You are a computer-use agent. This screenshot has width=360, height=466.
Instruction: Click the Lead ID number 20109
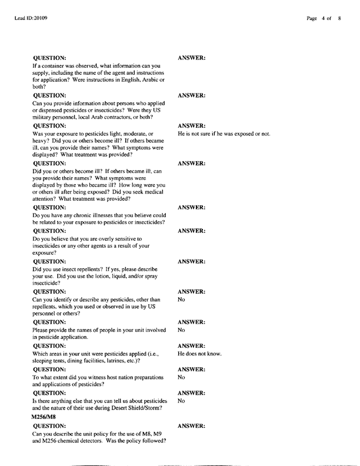tap(39, 18)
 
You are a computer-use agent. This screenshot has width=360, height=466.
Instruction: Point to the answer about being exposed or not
tap(224, 134)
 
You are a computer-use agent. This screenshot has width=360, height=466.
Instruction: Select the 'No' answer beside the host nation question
tap(182, 377)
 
